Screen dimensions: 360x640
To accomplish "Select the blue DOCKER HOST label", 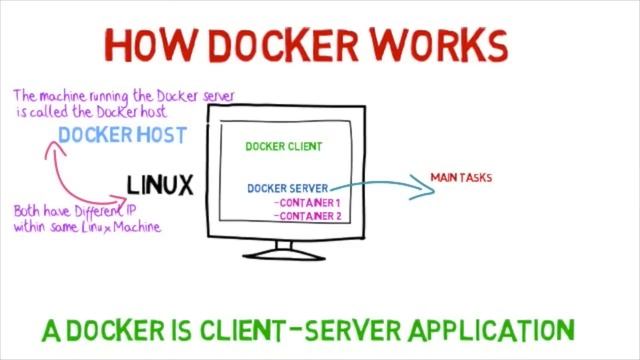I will click(x=122, y=135).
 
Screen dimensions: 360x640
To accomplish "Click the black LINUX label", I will click(x=160, y=184).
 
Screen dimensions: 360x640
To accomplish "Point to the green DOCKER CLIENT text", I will click(x=284, y=146).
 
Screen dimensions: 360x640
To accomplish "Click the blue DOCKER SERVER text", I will click(x=287, y=187).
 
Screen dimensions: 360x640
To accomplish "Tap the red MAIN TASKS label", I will click(x=461, y=178).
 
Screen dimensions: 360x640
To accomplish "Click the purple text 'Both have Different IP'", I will click(x=74, y=212).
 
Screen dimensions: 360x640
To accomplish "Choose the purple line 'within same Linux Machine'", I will click(x=87, y=226).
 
